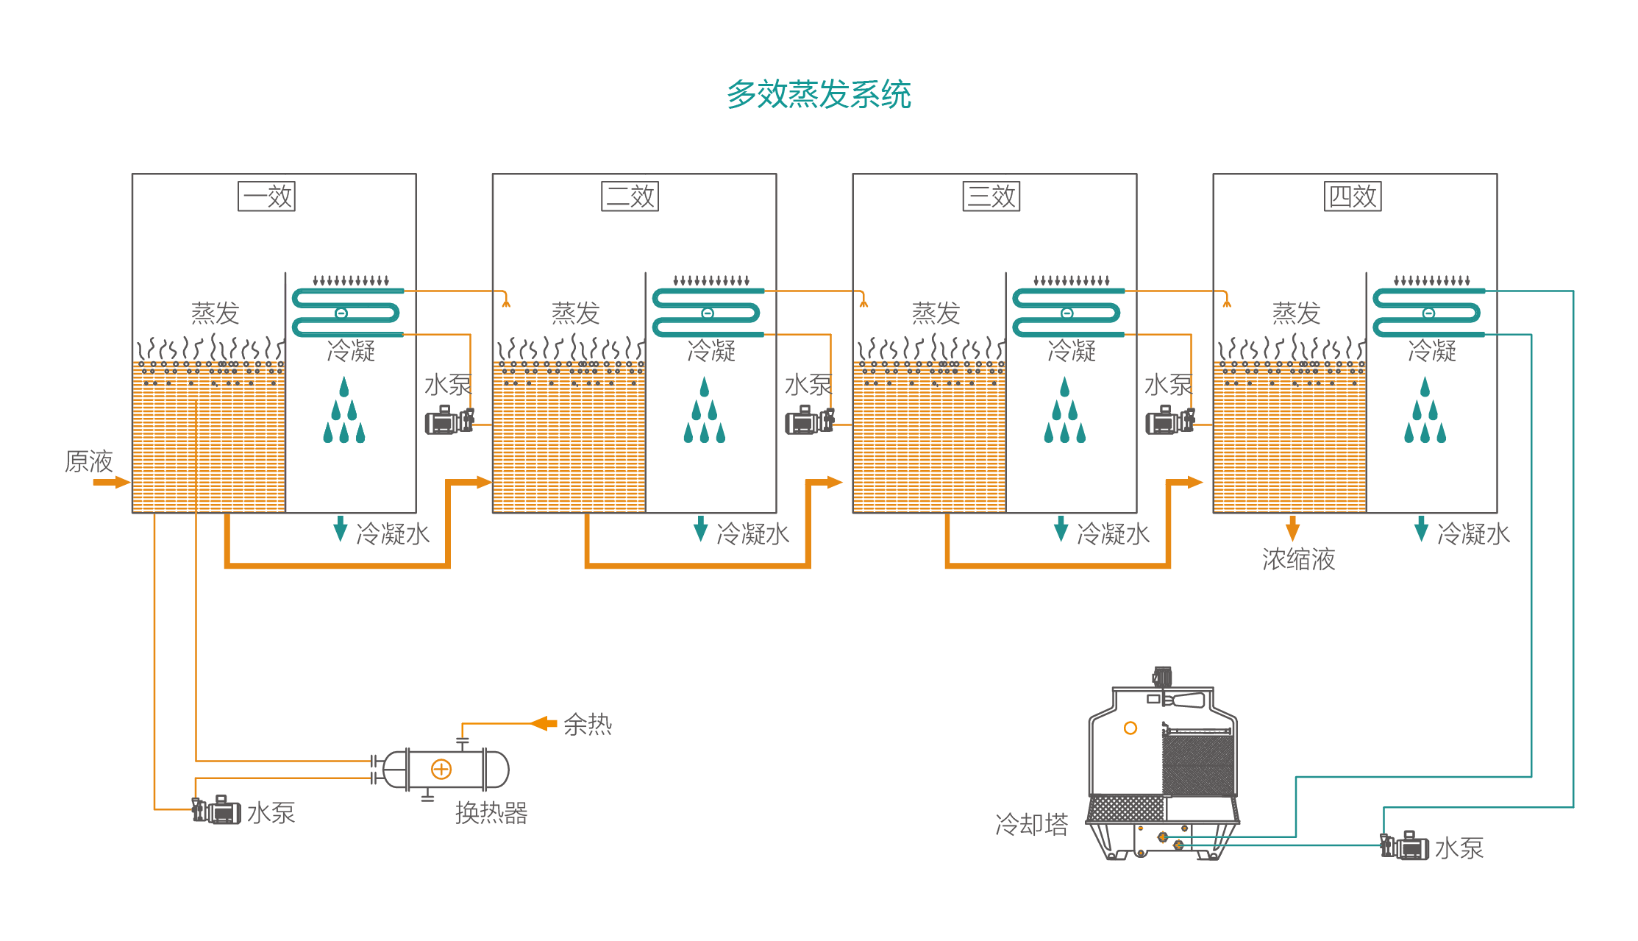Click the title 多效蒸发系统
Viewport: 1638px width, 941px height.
819,94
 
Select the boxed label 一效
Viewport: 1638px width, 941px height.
266,196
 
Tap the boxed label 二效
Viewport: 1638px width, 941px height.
630,196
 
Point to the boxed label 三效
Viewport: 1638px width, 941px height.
991,196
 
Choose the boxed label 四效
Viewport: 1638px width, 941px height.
1353,196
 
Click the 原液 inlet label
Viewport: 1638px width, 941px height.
89,461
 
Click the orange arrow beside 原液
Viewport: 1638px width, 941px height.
111,483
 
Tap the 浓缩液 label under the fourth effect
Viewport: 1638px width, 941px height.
1299,559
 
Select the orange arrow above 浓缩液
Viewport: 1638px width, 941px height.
1292,528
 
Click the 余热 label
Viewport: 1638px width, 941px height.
588,725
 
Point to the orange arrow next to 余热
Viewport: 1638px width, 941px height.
544,723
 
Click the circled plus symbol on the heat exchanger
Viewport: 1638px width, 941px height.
441,770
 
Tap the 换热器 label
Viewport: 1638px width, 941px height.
491,813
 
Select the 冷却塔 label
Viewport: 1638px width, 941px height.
1032,825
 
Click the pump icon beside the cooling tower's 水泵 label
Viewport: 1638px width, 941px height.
1404,846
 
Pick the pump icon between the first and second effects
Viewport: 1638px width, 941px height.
449,420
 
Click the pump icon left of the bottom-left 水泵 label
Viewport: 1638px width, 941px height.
216,810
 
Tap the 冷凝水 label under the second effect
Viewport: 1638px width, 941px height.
753,534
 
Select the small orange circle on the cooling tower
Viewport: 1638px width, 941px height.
1130,728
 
